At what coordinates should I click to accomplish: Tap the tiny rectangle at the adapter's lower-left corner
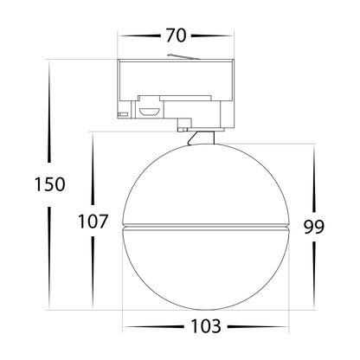coord(123,113)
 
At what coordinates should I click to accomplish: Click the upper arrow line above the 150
coord(49,117)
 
